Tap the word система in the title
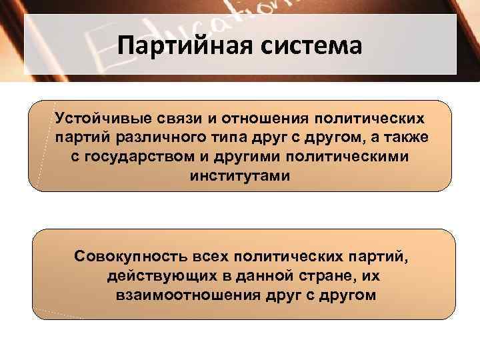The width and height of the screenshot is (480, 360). point(307,46)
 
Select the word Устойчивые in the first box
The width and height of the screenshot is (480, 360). point(99,118)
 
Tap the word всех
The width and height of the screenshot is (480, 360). point(207,256)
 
